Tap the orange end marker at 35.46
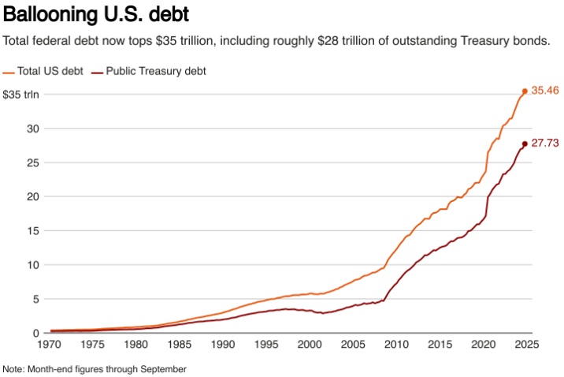pos(525,91)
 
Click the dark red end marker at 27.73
pos(525,144)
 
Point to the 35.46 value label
pos(545,91)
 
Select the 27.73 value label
pos(545,144)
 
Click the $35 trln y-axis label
pos(20,95)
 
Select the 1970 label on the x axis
pos(50,345)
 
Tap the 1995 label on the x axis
pos(267,345)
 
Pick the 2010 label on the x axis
pos(397,345)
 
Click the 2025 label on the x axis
pos(527,345)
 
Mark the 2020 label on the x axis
pos(484,345)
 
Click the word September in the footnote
pos(165,368)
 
